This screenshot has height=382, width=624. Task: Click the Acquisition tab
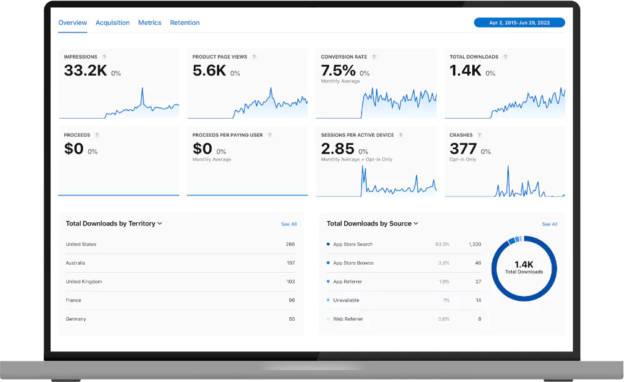(x=112, y=22)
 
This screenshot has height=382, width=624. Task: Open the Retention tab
(x=185, y=22)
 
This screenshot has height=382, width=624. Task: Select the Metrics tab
(x=150, y=22)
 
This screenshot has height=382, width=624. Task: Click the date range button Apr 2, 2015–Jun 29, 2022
(x=519, y=22)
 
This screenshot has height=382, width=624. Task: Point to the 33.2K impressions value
(x=86, y=71)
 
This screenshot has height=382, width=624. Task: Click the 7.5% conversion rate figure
(x=338, y=71)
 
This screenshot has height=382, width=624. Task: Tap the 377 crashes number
(x=463, y=149)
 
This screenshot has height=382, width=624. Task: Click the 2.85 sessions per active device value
(x=337, y=149)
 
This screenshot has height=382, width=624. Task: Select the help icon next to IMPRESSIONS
(x=104, y=57)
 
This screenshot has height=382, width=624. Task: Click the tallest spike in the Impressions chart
(x=142, y=89)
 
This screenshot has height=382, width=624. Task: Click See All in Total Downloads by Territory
(x=289, y=224)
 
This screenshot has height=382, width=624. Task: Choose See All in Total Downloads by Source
(x=550, y=224)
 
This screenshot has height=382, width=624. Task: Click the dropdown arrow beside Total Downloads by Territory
(x=160, y=223)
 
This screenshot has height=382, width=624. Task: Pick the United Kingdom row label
(x=84, y=282)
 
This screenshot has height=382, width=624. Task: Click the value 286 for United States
(x=290, y=244)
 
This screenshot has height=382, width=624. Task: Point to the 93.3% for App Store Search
(x=442, y=244)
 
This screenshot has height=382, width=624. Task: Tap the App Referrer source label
(x=347, y=282)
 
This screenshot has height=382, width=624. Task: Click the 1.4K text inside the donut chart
(x=524, y=264)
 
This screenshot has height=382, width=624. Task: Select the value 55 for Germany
(x=292, y=319)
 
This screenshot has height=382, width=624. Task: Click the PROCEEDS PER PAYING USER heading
(x=228, y=135)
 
